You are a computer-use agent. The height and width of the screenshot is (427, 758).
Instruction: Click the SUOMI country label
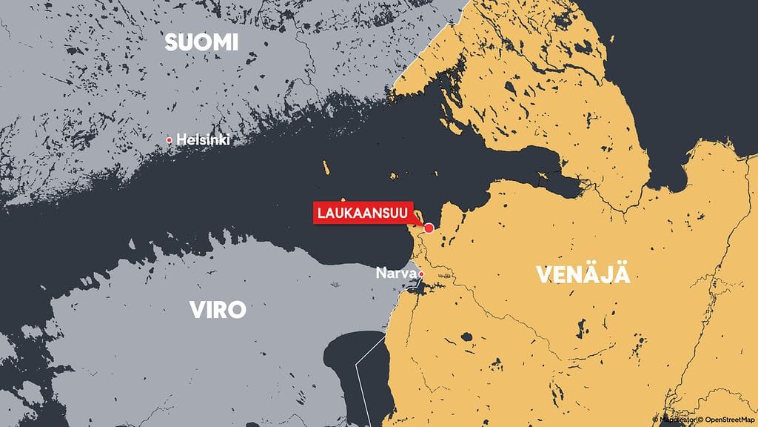(201, 42)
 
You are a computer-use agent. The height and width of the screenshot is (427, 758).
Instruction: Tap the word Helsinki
(203, 139)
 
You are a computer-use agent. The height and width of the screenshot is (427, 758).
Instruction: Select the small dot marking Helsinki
(170, 139)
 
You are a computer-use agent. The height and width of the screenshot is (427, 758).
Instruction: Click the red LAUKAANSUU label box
(363, 213)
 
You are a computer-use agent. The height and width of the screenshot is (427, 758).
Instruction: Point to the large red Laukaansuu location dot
(429, 228)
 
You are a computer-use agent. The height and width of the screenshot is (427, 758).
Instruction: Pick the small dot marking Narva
(421, 274)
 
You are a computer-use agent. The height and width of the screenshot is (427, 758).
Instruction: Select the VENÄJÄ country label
(583, 274)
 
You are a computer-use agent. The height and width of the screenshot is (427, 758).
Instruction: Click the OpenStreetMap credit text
(729, 420)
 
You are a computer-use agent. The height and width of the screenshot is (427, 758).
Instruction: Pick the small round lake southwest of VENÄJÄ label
(467, 337)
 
